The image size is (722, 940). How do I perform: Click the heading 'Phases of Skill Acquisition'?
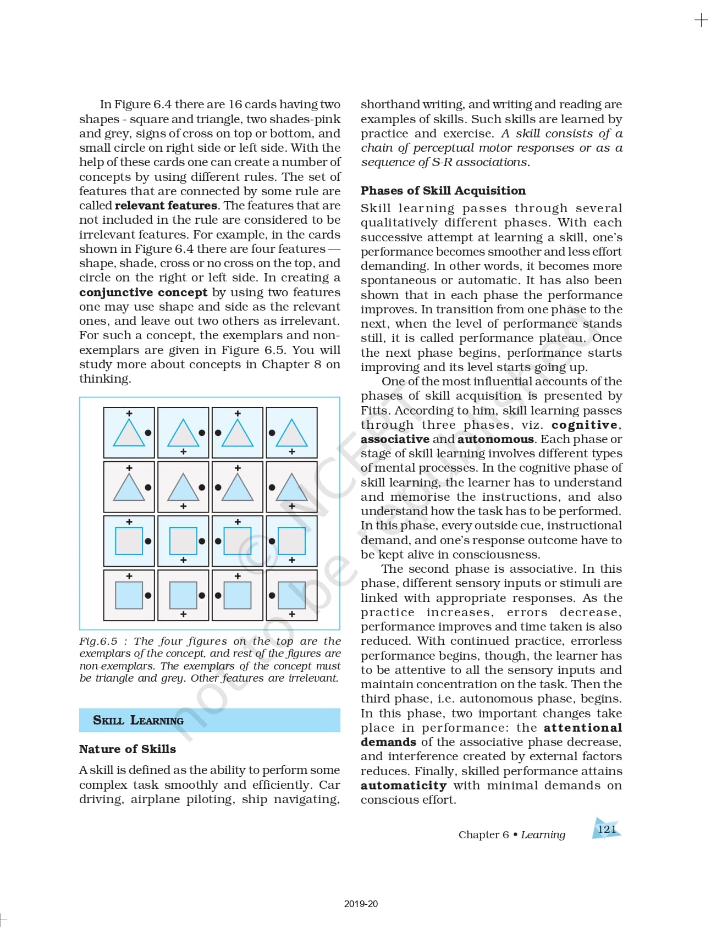[443, 191]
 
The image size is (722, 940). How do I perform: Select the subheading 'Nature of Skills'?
[128, 749]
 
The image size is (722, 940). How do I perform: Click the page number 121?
[607, 829]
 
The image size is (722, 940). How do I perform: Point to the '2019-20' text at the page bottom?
[361, 904]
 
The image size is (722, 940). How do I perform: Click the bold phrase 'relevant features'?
[166, 206]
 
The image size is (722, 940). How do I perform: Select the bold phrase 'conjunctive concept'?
[143, 292]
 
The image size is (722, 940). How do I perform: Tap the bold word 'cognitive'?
[585, 425]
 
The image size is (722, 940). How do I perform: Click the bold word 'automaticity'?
[404, 786]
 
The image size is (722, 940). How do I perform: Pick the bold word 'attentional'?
[583, 728]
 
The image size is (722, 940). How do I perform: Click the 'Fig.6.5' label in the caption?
[98, 642]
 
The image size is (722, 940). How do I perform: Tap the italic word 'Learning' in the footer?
[543, 835]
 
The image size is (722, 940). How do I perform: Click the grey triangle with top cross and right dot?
[129, 433]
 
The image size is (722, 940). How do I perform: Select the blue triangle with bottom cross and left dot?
[291, 488]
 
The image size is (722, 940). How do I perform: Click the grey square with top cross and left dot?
[238, 541]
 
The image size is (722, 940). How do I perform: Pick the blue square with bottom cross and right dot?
[183, 595]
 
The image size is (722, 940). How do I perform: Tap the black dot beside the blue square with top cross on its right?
[148, 595]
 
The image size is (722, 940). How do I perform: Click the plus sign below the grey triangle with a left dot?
[291, 452]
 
